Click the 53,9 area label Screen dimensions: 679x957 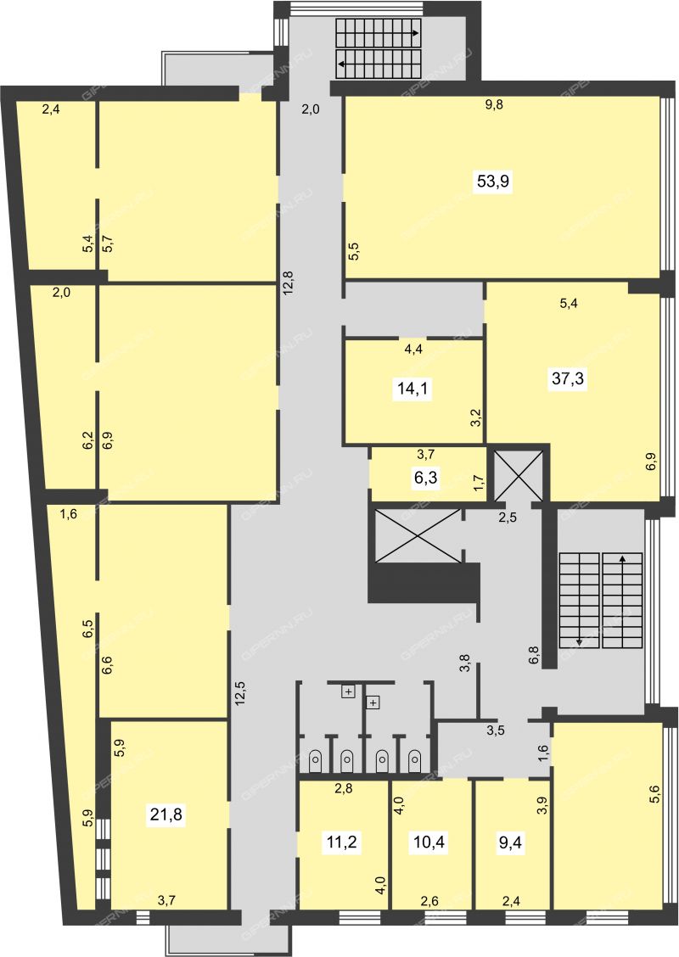pyautogui.click(x=493, y=182)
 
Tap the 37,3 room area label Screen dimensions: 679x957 pyautogui.click(x=568, y=378)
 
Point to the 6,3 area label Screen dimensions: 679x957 pyautogui.click(x=428, y=477)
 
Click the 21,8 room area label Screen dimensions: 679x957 pyautogui.click(x=166, y=814)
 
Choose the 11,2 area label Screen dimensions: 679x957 pyautogui.click(x=342, y=842)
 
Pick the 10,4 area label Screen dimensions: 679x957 pyautogui.click(x=429, y=842)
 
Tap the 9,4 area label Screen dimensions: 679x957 pyautogui.click(x=510, y=842)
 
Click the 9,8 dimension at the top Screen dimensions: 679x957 pyautogui.click(x=494, y=104)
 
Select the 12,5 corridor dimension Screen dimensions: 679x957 pyautogui.click(x=239, y=693)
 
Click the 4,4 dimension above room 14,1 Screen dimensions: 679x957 pyautogui.click(x=414, y=349)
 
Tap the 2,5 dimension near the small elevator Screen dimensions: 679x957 pyautogui.click(x=508, y=518)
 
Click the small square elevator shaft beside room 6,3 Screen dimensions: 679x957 pyautogui.click(x=518, y=475)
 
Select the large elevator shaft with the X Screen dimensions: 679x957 pyautogui.click(x=417, y=535)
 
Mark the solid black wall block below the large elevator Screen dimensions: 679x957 pyautogui.click(x=424, y=584)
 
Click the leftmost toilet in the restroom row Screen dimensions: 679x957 pyautogui.click(x=315, y=760)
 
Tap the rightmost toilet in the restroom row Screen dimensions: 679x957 pyautogui.click(x=414, y=760)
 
